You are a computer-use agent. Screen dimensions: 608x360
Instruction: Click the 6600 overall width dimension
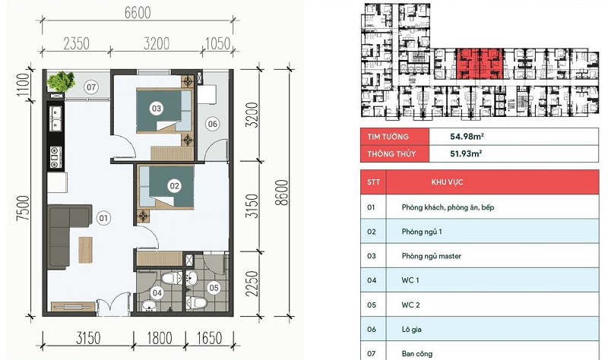pyautogui.click(x=138, y=13)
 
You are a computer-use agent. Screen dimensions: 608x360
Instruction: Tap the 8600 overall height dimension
pyautogui.click(x=283, y=193)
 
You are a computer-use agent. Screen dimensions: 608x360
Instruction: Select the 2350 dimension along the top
pyautogui.click(x=77, y=44)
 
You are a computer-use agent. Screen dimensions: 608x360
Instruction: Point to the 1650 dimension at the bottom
pyautogui.click(x=210, y=338)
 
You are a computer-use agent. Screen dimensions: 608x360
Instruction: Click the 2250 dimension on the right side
pyautogui.click(x=252, y=284)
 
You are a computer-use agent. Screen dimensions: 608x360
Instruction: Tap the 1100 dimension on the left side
pyautogui.click(x=24, y=85)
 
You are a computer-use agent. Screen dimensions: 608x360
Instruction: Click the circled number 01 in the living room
pyautogui.click(x=103, y=218)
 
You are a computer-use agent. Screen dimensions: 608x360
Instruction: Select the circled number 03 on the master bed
pyautogui.click(x=157, y=109)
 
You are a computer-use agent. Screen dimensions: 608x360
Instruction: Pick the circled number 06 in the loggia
pyautogui.click(x=213, y=124)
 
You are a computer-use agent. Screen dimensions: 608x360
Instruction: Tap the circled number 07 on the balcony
pyautogui.click(x=91, y=87)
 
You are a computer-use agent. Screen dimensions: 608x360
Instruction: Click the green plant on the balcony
pyautogui.click(x=61, y=82)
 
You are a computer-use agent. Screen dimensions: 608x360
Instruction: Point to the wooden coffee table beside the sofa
pyautogui.click(x=85, y=250)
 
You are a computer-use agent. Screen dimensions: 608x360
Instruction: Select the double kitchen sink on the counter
pyautogui.click(x=56, y=118)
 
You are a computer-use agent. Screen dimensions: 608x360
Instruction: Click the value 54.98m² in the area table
pyautogui.click(x=467, y=137)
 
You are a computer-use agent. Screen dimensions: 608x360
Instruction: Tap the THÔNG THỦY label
pyautogui.click(x=391, y=154)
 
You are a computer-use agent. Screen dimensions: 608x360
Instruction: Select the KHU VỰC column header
pyautogui.click(x=447, y=182)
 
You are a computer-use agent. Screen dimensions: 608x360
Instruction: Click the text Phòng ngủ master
pyautogui.click(x=432, y=256)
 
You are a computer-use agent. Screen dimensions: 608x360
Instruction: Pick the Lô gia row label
pyautogui.click(x=411, y=330)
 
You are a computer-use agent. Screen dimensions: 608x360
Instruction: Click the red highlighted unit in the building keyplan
pyautogui.click(x=480, y=64)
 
